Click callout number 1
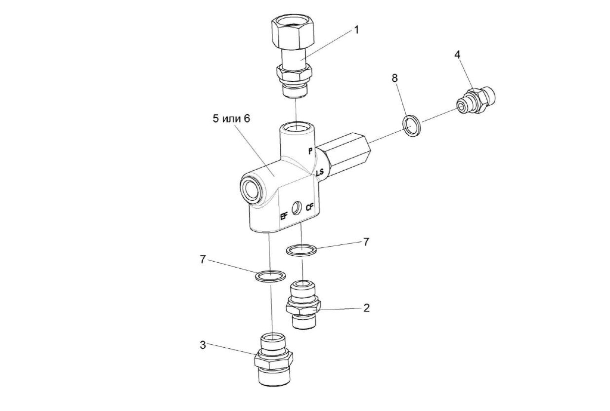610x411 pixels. pos(356,30)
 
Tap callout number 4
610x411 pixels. pos(457,55)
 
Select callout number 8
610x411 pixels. pos(395,78)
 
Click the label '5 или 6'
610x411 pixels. pos(231,118)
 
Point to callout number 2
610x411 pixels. pos(366,308)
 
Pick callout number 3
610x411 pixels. pos(203,345)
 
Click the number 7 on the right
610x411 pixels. pos(366,242)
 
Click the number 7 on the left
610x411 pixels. pos(203,260)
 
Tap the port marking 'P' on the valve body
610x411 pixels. pos(310,151)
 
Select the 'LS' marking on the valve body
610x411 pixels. pos(320,172)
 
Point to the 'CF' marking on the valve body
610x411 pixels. pos(310,207)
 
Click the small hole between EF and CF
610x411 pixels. pos(297,208)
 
